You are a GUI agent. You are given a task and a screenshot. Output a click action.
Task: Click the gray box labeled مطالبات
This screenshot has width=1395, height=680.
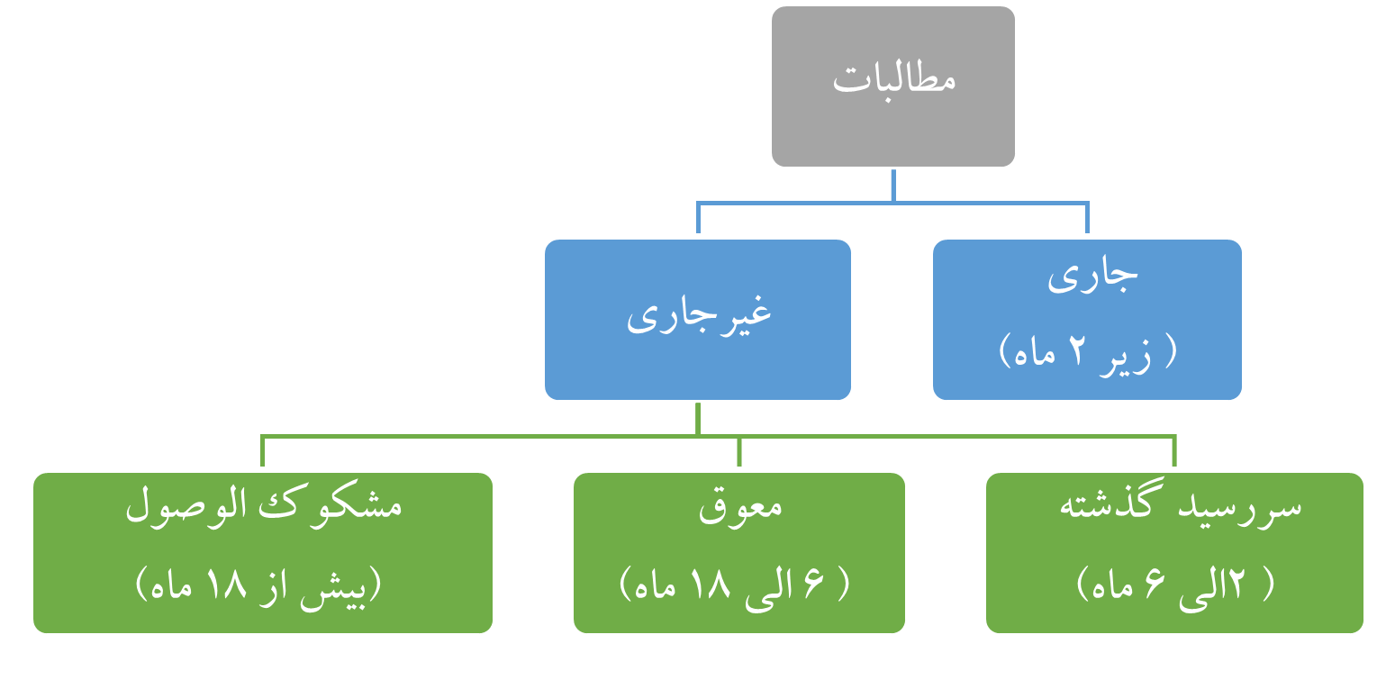click(x=892, y=86)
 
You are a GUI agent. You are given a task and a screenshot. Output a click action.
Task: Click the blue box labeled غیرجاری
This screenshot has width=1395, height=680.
click(x=698, y=318)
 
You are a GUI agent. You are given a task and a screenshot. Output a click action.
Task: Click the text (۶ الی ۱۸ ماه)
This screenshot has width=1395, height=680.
click(x=735, y=585)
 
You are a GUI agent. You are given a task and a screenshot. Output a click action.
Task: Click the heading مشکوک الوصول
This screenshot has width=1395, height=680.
click(x=263, y=504)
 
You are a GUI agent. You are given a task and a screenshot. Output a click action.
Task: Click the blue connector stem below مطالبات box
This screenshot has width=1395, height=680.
click(x=892, y=186)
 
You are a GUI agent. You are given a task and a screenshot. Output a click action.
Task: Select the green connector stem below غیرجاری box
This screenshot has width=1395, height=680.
click(x=698, y=420)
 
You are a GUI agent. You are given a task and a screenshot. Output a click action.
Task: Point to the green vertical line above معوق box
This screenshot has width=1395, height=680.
click(x=738, y=453)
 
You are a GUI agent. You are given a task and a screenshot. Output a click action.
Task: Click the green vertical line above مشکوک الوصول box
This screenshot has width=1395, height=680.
click(x=262, y=453)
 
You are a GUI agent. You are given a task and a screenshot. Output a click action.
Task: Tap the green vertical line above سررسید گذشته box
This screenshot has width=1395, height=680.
click(x=1175, y=453)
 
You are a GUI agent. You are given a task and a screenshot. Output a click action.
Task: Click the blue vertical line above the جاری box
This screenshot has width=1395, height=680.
click(x=1087, y=219)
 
